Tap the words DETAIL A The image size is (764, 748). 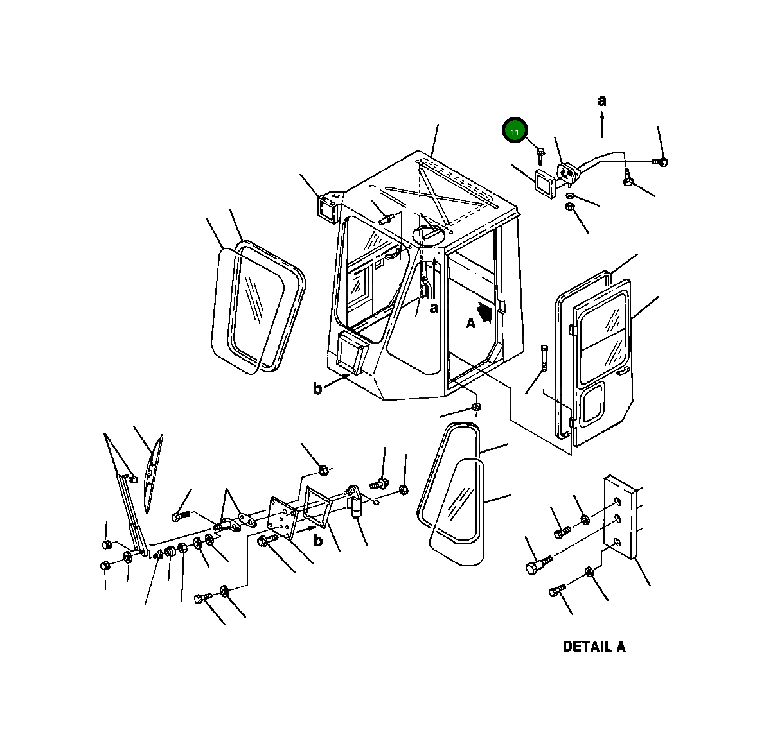point(594,647)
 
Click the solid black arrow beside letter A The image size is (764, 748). point(484,312)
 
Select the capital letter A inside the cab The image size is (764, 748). point(470,324)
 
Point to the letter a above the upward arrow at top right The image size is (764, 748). point(602,101)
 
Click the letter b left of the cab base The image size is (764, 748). point(317,388)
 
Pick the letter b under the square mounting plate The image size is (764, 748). point(318,540)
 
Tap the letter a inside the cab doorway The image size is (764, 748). point(434,308)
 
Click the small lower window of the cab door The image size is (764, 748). point(594,402)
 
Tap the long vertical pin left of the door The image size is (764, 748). point(544,360)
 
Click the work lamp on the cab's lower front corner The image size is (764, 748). point(351,352)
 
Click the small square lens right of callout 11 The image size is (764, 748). point(546,184)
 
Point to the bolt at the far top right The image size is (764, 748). point(660,161)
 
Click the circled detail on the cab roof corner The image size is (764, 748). point(429,235)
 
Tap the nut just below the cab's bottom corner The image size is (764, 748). point(477,406)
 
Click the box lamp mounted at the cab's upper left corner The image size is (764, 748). point(328,208)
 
